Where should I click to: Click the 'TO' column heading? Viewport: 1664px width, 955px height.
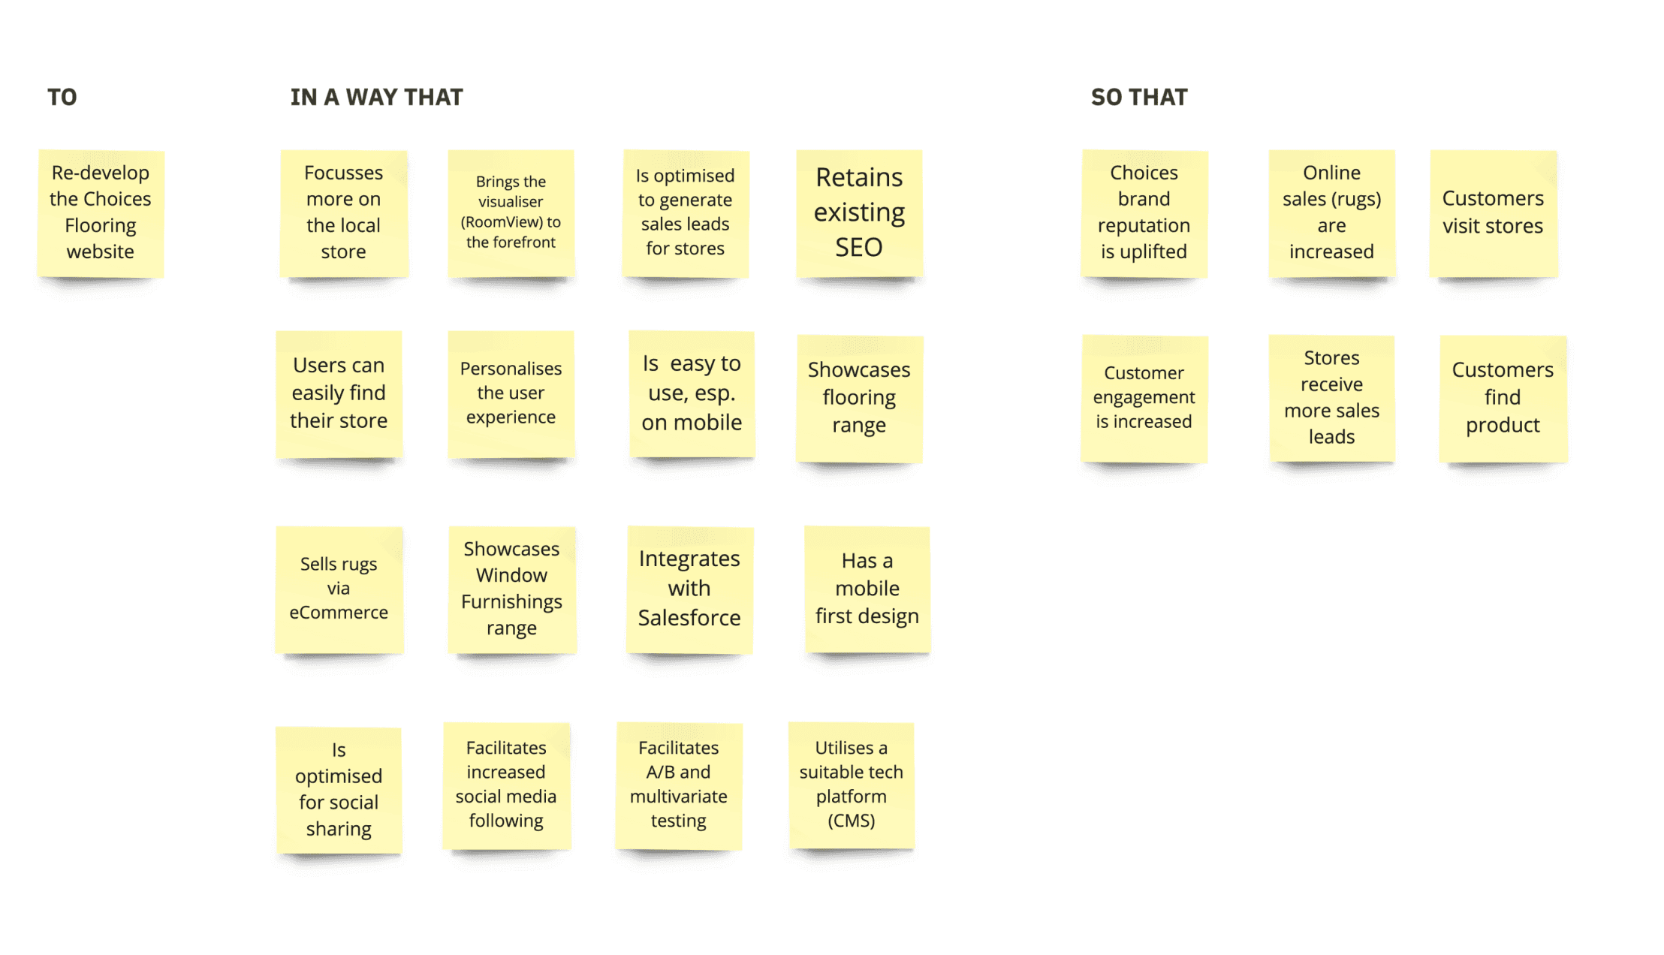click(x=62, y=98)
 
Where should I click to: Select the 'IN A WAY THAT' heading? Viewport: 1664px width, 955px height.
click(x=376, y=98)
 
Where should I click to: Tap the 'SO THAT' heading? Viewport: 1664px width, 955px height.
click(x=1138, y=98)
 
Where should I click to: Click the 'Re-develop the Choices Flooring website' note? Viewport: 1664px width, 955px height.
click(x=101, y=213)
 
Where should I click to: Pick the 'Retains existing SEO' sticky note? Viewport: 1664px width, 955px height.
click(x=859, y=213)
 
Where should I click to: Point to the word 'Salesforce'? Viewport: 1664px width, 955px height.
click(x=689, y=618)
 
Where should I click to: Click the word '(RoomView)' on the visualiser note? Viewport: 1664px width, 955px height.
click(x=501, y=222)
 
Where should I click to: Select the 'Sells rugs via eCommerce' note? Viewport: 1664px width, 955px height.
click(x=339, y=589)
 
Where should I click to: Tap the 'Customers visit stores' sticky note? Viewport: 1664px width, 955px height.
click(x=1493, y=213)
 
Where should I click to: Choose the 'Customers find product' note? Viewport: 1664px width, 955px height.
click(x=1503, y=398)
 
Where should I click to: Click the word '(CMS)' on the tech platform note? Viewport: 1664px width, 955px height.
click(x=851, y=821)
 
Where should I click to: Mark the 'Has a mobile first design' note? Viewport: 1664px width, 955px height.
click(x=867, y=589)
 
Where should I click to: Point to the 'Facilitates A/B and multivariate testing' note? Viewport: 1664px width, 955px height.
click(x=679, y=785)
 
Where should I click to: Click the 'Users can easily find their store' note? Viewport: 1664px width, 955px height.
click(x=339, y=393)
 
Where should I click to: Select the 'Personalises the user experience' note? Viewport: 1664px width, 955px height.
click(x=511, y=393)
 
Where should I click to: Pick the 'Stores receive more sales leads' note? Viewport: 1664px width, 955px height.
click(x=1331, y=398)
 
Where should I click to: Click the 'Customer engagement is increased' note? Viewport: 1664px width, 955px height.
click(x=1144, y=398)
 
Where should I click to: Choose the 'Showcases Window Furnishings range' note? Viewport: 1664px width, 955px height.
click(x=511, y=589)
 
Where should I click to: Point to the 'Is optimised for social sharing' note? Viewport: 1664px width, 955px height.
click(x=339, y=790)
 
